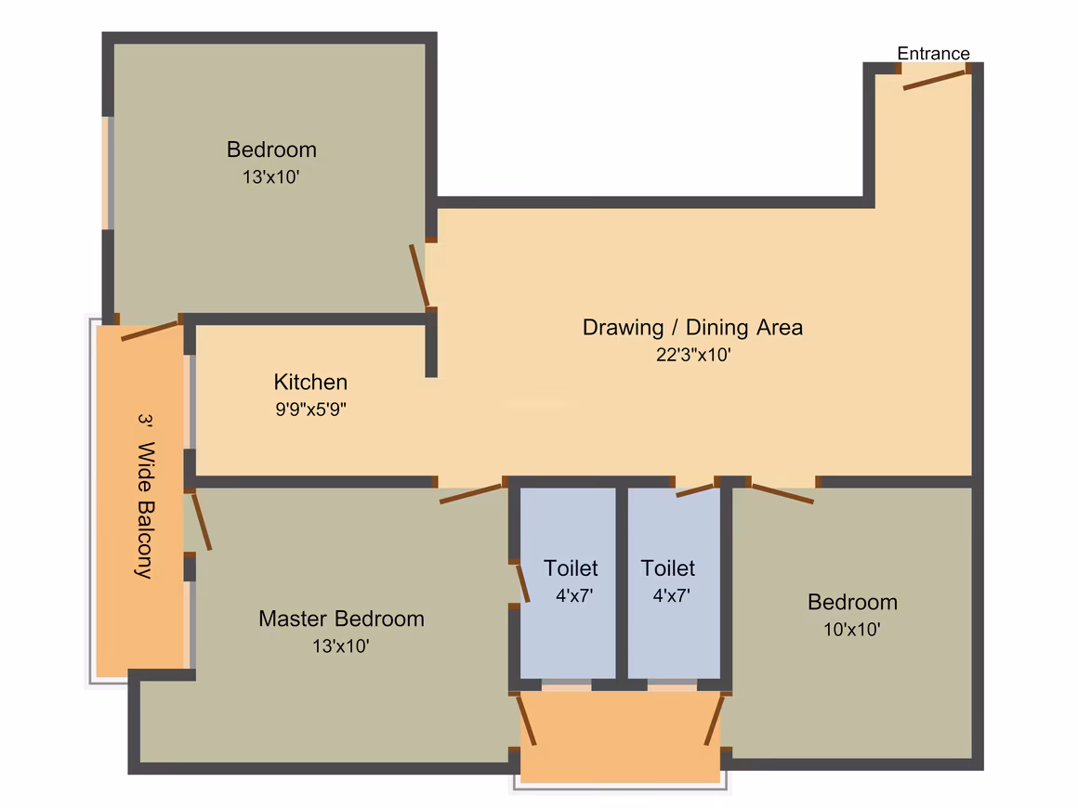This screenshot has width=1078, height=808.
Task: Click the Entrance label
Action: click(933, 54)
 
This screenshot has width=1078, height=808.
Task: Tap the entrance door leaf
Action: click(934, 81)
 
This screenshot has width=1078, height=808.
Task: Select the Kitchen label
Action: click(310, 382)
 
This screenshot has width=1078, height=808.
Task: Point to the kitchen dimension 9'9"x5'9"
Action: click(310, 410)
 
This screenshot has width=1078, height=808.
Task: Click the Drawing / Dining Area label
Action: click(692, 328)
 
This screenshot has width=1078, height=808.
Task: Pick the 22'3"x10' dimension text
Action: click(693, 355)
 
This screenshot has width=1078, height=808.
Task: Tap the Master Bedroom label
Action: click(342, 619)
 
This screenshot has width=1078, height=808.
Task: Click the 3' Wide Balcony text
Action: click(145, 496)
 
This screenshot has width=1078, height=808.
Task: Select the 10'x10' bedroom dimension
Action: click(852, 630)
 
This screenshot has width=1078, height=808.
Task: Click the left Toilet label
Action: click(571, 568)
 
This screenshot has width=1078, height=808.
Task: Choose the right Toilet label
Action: click(667, 568)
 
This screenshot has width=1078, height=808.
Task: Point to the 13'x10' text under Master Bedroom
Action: click(341, 645)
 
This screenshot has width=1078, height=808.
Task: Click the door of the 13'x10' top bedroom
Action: click(419, 276)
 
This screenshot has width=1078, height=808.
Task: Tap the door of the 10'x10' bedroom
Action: click(783, 494)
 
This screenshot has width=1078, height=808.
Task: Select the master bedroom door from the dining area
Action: click(470, 494)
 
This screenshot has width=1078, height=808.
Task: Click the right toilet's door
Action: click(696, 489)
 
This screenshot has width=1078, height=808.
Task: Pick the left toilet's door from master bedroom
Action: click(523, 583)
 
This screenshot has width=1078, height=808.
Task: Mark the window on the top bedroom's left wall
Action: click(108, 173)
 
